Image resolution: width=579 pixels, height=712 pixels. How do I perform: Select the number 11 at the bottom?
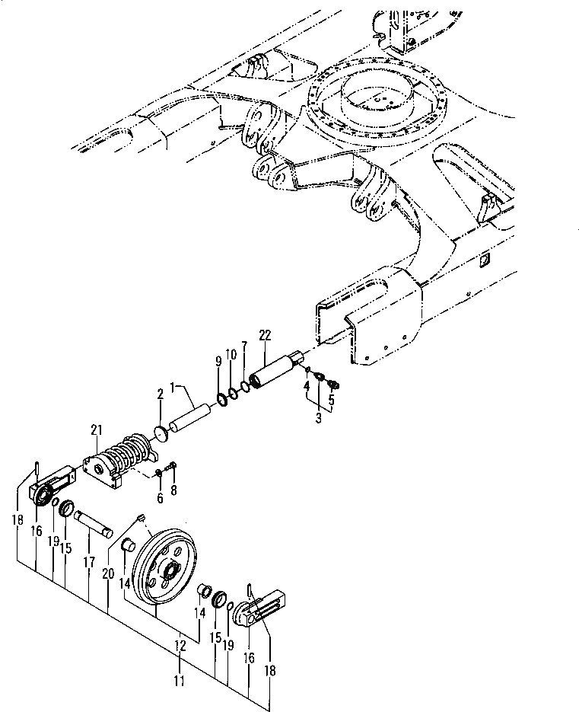[x=179, y=680]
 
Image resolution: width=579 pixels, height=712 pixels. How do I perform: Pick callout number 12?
[x=180, y=645]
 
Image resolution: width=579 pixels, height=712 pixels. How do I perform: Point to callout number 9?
[x=218, y=361]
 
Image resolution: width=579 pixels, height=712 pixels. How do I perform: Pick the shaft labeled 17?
[x=93, y=524]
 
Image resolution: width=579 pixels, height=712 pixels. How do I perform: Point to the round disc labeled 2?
[x=161, y=433]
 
